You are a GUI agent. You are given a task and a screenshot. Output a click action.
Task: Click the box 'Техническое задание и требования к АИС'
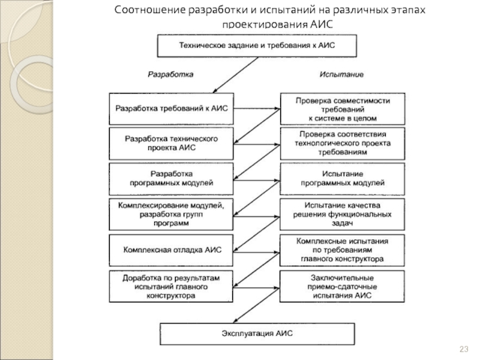click(x=257, y=46)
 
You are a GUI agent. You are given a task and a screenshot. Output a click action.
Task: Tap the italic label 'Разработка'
click(x=170, y=74)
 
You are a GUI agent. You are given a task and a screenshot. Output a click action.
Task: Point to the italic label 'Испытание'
click(x=341, y=74)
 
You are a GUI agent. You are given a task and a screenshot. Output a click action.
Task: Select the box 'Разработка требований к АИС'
click(x=172, y=109)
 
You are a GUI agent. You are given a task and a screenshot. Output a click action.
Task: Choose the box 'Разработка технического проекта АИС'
click(x=171, y=143)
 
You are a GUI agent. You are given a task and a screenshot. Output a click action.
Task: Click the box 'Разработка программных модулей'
click(x=171, y=179)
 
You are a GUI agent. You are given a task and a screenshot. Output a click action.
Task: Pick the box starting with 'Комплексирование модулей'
click(x=171, y=214)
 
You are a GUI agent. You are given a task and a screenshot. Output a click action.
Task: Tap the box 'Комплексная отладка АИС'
click(x=171, y=250)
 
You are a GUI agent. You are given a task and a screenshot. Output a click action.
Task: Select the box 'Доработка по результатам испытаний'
click(x=171, y=287)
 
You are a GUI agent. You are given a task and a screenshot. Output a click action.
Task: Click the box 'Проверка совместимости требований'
click(x=343, y=109)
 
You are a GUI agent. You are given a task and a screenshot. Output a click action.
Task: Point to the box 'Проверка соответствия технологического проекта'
click(x=343, y=143)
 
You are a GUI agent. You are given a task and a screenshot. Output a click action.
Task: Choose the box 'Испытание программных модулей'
click(x=342, y=179)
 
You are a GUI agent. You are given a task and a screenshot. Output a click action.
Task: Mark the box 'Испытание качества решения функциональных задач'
click(x=342, y=214)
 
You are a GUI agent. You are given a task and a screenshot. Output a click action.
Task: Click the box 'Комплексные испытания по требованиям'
click(x=342, y=250)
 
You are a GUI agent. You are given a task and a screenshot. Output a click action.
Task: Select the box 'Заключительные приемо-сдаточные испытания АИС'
click(x=342, y=287)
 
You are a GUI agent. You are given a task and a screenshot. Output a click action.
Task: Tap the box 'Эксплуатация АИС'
click(x=257, y=334)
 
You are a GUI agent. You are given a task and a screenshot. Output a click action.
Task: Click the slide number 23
click(x=464, y=349)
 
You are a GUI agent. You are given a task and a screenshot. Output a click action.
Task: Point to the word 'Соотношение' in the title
click(x=150, y=10)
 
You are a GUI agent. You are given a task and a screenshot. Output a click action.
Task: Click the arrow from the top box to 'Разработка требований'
click(x=236, y=75)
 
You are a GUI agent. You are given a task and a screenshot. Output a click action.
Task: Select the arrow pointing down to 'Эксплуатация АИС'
click(x=256, y=305)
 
